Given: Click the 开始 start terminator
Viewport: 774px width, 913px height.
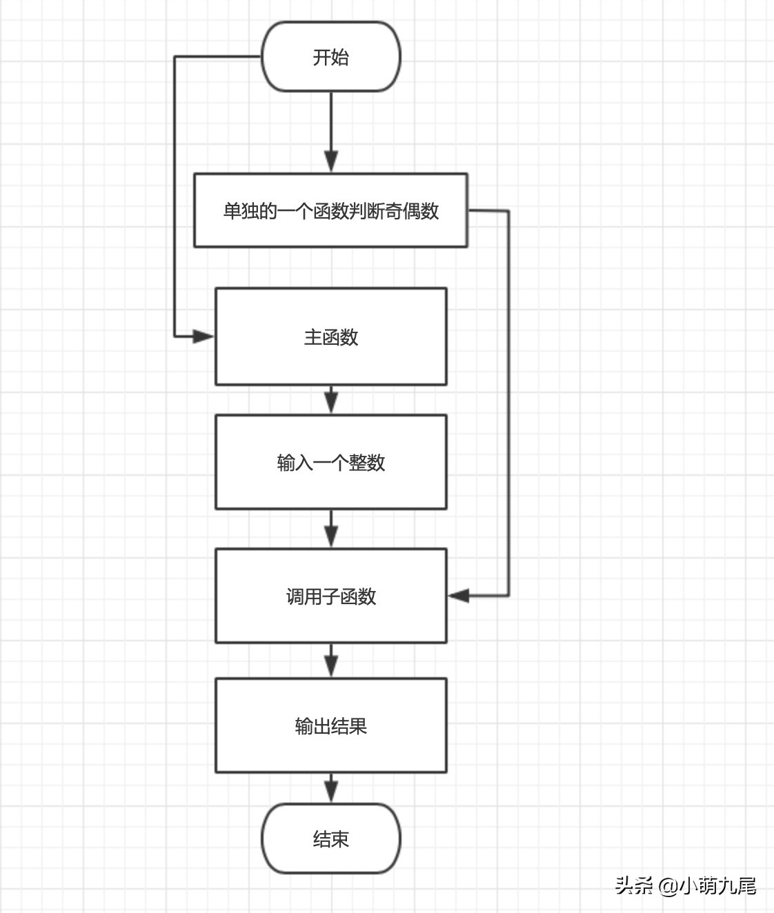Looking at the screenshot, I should [330, 57].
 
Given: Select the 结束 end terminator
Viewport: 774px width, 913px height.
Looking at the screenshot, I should [330, 839].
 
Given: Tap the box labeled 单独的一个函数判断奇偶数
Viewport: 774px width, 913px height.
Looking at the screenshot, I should [330, 210].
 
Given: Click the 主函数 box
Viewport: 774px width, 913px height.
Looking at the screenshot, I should [330, 337].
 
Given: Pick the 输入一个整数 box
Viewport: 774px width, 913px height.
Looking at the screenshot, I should [330, 462].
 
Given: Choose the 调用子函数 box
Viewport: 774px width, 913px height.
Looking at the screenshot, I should [330, 596].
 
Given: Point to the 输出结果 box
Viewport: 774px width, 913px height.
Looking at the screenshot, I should [330, 725].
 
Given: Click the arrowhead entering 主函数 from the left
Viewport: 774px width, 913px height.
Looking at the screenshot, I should [204, 337].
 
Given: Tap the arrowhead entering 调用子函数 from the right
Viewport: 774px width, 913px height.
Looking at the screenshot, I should [459, 595].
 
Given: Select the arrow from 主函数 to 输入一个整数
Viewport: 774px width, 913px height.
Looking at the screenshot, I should [331, 399].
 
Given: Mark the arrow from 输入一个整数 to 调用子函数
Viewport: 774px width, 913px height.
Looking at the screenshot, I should [331, 529].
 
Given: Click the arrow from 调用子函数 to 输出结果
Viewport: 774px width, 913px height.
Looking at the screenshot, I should [331, 661].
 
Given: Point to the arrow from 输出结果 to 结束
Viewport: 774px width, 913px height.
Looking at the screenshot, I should [331, 787].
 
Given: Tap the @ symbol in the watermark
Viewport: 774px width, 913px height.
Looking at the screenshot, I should [667, 885].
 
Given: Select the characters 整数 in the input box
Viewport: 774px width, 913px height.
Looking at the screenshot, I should [367, 463].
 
